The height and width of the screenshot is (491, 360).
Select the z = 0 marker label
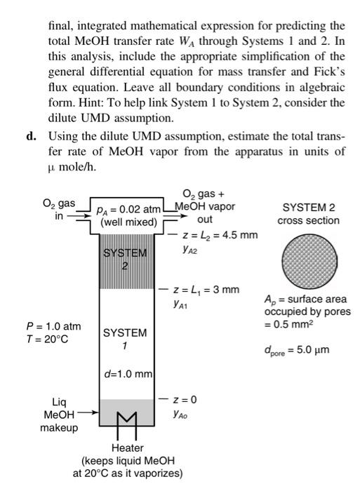tap(189, 399)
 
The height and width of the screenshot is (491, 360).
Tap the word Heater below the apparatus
tap(127, 448)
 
